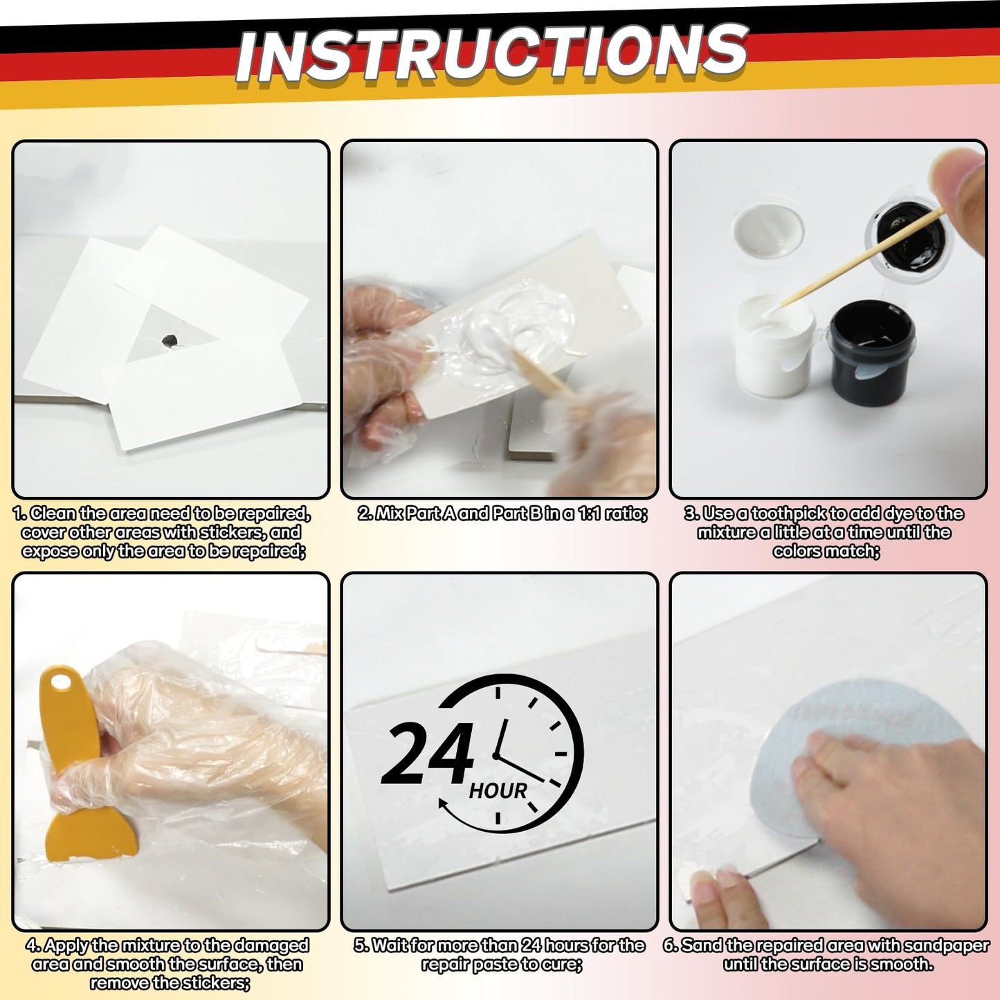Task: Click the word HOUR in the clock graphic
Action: pos(498,790)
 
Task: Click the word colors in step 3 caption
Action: pos(798,551)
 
